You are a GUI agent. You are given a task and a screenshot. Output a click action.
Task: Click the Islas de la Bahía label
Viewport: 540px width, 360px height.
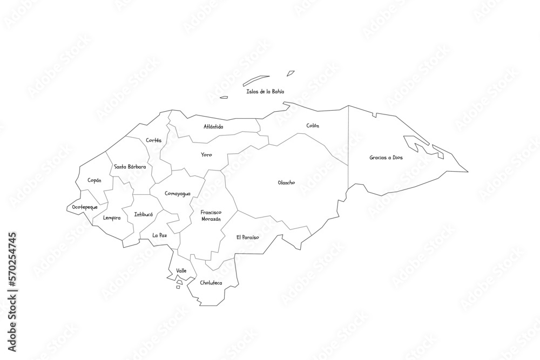click(x=265, y=92)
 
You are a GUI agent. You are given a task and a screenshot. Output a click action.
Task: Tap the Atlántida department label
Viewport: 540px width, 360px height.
click(x=213, y=127)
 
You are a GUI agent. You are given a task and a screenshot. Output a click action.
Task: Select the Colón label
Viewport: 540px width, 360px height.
click(x=313, y=126)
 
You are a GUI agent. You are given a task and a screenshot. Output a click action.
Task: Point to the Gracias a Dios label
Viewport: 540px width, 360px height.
click(x=386, y=158)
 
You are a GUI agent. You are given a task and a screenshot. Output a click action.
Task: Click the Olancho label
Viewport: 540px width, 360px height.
click(x=286, y=182)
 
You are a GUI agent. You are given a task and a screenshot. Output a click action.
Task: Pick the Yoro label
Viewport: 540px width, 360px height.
click(x=206, y=155)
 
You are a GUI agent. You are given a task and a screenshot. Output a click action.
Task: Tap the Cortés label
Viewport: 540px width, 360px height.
click(x=153, y=140)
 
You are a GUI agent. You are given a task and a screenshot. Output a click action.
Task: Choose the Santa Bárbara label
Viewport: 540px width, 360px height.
click(x=130, y=167)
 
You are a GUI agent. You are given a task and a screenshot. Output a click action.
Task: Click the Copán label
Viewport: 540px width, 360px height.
click(x=94, y=180)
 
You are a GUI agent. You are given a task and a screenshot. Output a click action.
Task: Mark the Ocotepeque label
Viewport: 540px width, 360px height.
click(x=85, y=207)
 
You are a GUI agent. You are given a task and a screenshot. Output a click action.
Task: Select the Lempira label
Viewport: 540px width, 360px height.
click(x=111, y=218)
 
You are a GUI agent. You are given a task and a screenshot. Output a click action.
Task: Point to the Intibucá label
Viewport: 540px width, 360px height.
click(x=143, y=214)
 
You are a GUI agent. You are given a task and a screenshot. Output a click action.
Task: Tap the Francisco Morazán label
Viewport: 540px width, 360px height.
click(x=211, y=216)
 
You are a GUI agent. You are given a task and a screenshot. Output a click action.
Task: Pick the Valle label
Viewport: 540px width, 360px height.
click(x=181, y=270)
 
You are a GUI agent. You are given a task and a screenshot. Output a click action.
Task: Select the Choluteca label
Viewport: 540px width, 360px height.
click(x=211, y=283)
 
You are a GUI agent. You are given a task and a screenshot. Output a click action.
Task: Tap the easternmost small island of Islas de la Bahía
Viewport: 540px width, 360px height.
click(x=291, y=73)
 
